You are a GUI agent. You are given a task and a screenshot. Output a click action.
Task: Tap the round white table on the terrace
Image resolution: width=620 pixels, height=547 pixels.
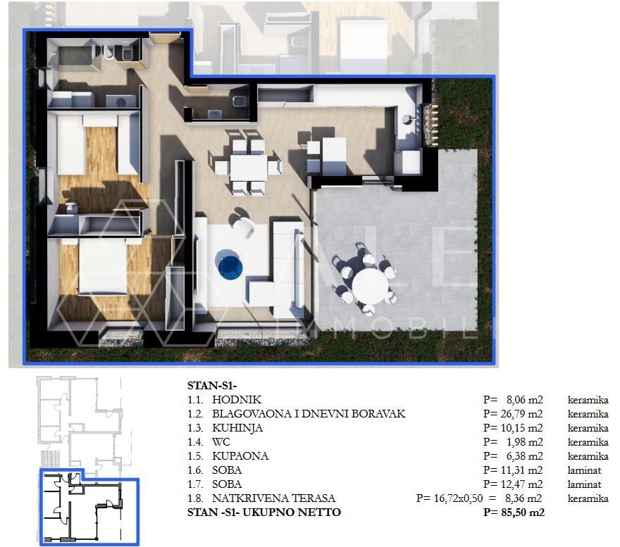click(x=370, y=285)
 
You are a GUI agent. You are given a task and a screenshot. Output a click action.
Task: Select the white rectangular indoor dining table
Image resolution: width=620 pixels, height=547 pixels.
click(x=248, y=168)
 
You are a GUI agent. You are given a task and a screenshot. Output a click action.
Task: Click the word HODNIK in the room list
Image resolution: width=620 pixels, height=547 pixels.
click(x=237, y=400)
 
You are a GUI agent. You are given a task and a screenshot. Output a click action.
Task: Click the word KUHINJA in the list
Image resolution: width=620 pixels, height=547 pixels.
click(x=237, y=428)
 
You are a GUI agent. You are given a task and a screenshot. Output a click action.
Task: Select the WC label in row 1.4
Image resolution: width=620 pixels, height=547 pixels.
click(x=221, y=442)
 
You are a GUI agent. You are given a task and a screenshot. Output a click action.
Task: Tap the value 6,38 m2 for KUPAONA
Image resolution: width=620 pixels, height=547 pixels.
click(x=525, y=456)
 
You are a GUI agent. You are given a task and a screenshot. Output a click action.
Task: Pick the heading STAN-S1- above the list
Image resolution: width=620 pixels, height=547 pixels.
click(x=212, y=385)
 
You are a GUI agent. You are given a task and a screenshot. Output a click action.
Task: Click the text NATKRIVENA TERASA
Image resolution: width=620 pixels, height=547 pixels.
click(x=273, y=498)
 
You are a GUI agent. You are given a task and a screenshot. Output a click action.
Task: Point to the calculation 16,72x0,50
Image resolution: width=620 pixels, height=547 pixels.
click(x=458, y=498)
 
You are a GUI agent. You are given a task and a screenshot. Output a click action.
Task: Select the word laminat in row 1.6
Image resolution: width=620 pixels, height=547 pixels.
click(x=584, y=470)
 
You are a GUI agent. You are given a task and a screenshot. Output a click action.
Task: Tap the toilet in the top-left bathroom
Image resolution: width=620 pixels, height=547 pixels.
click(x=108, y=52)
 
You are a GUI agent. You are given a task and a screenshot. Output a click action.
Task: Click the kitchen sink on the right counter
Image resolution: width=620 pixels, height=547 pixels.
click(x=407, y=118)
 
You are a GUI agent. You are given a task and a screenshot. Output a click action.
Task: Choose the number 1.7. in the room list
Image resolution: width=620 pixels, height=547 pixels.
click(x=195, y=484)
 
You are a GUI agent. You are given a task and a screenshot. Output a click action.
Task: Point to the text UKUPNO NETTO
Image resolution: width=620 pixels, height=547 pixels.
click(x=292, y=513)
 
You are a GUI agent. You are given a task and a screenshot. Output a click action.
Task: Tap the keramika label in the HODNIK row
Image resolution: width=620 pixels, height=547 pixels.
click(x=588, y=400)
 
